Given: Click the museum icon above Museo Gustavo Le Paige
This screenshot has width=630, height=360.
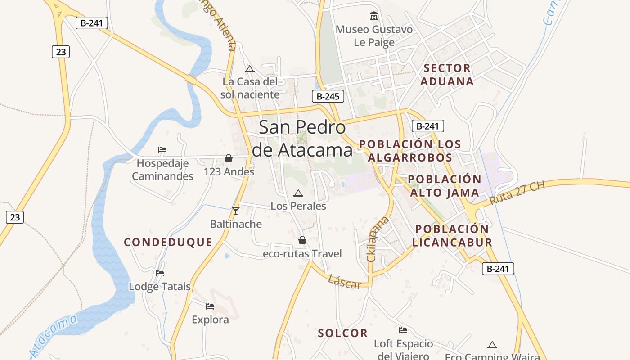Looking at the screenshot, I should pyautogui.click(x=373, y=17).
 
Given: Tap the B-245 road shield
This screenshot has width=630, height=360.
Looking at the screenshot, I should pyautogui.click(x=328, y=96).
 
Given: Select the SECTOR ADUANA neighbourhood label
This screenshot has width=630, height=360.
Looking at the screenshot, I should pyautogui.click(x=447, y=75).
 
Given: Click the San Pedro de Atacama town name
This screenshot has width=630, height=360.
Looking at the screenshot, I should pyautogui.click(x=302, y=139).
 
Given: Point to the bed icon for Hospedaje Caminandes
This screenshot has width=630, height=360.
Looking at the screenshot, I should pyautogui.click(x=162, y=150).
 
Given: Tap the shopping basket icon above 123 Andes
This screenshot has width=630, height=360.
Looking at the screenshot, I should pyautogui.click(x=229, y=158).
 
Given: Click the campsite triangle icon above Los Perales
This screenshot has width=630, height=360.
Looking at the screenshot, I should pyautogui.click(x=298, y=193).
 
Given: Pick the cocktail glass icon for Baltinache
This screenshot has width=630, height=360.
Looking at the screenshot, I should pyautogui.click(x=235, y=211).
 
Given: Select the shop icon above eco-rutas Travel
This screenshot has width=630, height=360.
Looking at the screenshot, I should pyautogui.click(x=302, y=240).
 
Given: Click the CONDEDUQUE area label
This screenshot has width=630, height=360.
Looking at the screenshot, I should pyautogui.click(x=168, y=242).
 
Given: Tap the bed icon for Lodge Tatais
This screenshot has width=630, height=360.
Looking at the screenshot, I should pyautogui.click(x=160, y=273).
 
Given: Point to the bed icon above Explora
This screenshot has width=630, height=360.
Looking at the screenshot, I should pyautogui.click(x=210, y=306).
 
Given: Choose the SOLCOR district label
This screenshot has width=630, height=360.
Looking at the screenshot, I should pyautogui.click(x=343, y=333).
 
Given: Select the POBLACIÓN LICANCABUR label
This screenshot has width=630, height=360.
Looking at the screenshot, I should pyautogui.click(x=452, y=236).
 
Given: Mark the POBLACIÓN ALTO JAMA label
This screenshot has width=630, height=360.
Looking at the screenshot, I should pyautogui.click(x=445, y=186).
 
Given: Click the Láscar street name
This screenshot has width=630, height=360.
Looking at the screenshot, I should pyautogui.click(x=344, y=282).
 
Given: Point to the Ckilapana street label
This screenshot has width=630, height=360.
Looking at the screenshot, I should pyautogui.click(x=377, y=239).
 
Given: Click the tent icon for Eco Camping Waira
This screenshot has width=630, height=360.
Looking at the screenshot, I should pyautogui.click(x=492, y=345).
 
